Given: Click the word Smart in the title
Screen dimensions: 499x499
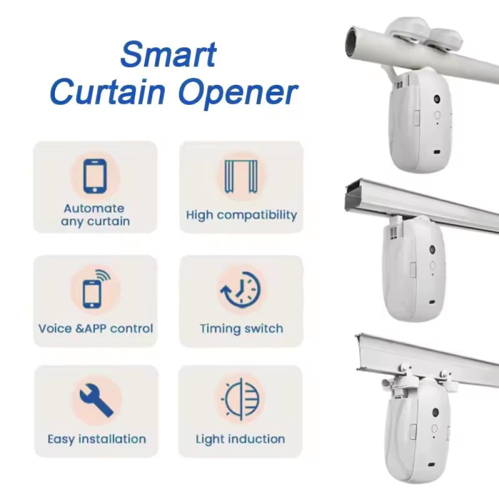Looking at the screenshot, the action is (169, 55).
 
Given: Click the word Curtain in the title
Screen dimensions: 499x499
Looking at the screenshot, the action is (108, 92).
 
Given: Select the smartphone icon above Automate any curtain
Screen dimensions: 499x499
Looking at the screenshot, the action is (95, 176).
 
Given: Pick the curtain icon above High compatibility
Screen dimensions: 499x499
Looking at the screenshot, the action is (241, 176).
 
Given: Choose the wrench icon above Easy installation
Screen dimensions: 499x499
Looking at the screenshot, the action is (96, 400).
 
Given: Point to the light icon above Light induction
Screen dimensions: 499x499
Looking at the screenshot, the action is (241, 400).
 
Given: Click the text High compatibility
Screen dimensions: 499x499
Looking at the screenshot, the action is (242, 215).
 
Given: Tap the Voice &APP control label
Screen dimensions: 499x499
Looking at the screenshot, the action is (96, 328).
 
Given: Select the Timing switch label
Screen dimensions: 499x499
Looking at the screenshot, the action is (242, 328).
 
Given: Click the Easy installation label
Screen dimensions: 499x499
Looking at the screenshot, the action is (97, 439).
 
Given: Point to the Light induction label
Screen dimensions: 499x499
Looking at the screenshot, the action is (241, 439).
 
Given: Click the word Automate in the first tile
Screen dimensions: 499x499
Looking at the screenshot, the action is (94, 209).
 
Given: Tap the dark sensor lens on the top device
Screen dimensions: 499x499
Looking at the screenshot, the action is (437, 99).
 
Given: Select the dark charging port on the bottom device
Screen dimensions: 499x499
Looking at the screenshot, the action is (432, 465).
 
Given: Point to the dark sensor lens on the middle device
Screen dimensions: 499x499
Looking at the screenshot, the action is (432, 249).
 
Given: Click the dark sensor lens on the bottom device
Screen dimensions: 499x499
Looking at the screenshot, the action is (435, 413).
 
